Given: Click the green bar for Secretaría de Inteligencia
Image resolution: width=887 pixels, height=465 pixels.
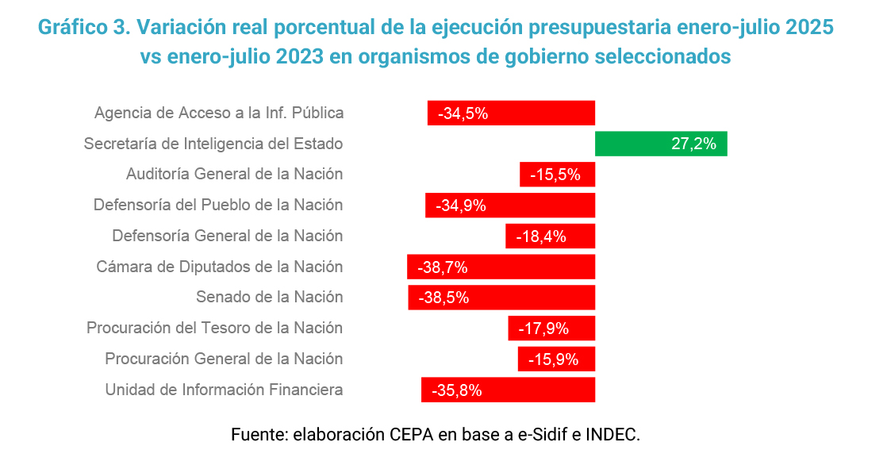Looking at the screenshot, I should pyautogui.click(x=661, y=144).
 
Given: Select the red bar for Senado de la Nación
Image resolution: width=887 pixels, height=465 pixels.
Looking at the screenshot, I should pyautogui.click(x=501, y=298).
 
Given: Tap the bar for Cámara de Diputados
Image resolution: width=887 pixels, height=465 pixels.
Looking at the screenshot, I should pyautogui.click(x=501, y=267).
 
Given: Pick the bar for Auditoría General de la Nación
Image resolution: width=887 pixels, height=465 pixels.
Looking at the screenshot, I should pyautogui.click(x=557, y=175).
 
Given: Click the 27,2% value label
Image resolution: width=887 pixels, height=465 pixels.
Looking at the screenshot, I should pyautogui.click(x=693, y=144).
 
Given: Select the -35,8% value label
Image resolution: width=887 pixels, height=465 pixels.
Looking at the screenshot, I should pyautogui.click(x=457, y=390).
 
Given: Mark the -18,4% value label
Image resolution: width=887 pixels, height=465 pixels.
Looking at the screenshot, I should pyautogui.click(x=541, y=236).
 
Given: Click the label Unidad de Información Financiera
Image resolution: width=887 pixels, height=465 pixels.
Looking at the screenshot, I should pyautogui.click(x=224, y=390).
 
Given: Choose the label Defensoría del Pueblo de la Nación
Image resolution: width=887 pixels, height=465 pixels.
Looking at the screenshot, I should pyautogui.click(x=218, y=205).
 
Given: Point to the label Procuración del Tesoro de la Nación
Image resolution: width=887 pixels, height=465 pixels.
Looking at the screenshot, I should pyautogui.click(x=214, y=328).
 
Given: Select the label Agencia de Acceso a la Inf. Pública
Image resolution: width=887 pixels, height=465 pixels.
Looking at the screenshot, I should pyautogui.click(x=219, y=113).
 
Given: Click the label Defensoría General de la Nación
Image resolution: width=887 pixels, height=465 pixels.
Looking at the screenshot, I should pyautogui.click(x=228, y=236).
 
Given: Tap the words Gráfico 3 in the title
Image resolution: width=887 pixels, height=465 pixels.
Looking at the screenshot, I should pyautogui.click(x=83, y=27).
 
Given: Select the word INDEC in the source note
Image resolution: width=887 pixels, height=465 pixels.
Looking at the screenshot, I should pyautogui.click(x=611, y=435).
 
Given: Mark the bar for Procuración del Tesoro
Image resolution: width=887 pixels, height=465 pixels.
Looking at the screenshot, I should pyautogui.click(x=551, y=329).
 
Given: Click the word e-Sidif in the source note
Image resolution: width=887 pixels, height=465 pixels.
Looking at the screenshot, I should pyautogui.click(x=539, y=435).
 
